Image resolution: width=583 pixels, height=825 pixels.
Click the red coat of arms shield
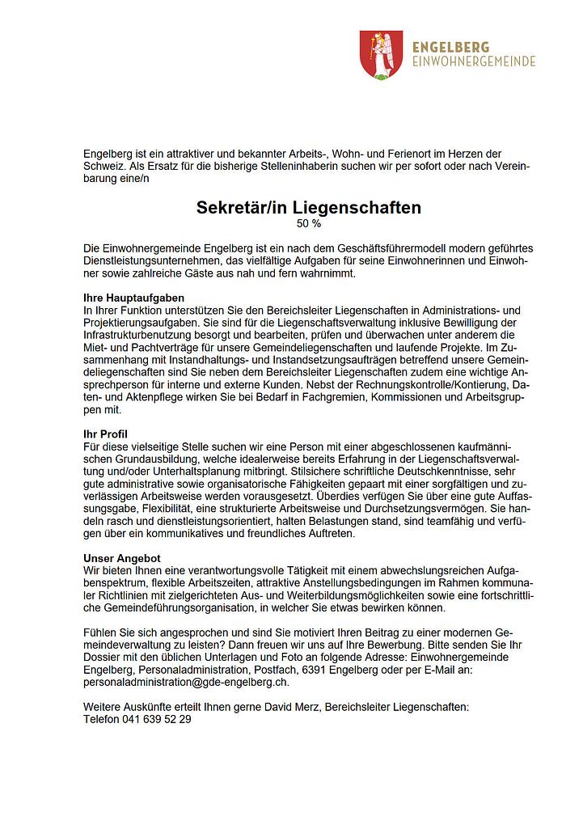click(380, 54)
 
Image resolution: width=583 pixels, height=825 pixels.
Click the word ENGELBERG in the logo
click(450, 48)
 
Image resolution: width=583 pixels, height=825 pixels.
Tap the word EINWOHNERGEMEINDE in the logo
click(473, 61)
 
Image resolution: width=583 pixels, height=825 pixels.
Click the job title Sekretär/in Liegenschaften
click(308, 208)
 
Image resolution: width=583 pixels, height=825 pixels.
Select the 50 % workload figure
click(309, 223)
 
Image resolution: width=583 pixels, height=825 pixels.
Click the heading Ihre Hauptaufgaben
click(134, 298)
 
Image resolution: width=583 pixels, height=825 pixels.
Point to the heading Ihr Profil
click(106, 434)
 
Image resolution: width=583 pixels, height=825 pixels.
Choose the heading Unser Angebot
click(122, 559)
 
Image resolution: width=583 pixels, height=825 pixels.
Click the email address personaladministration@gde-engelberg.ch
click(186, 682)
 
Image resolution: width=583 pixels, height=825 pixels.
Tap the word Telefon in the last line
click(102, 719)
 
